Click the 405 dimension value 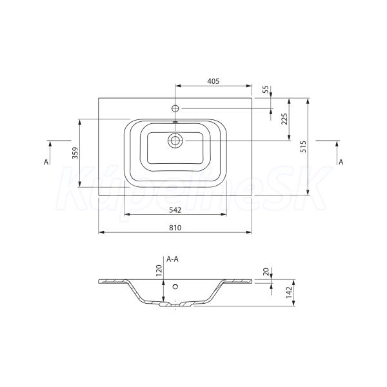[213, 81]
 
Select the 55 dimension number [265, 90]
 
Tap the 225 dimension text [284, 119]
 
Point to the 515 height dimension [303, 146]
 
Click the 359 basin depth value [75, 153]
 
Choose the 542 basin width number [175, 210]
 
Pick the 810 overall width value [175, 228]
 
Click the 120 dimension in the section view [159, 270]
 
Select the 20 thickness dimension [266, 272]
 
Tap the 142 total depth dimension [289, 292]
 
